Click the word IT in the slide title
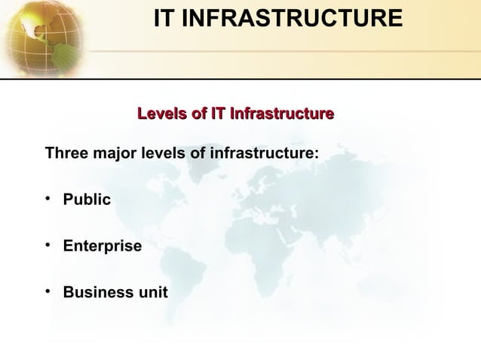coord(166,19)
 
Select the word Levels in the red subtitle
coord(161,114)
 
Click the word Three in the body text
coord(66,154)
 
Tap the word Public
coord(87,200)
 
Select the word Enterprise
coord(102,246)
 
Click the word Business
coord(96,292)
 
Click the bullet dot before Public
coord(49,200)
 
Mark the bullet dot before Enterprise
coord(49,246)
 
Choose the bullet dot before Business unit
coord(49,291)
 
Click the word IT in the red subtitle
coord(218,114)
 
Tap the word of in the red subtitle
coord(198,114)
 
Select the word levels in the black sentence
coord(161,154)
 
